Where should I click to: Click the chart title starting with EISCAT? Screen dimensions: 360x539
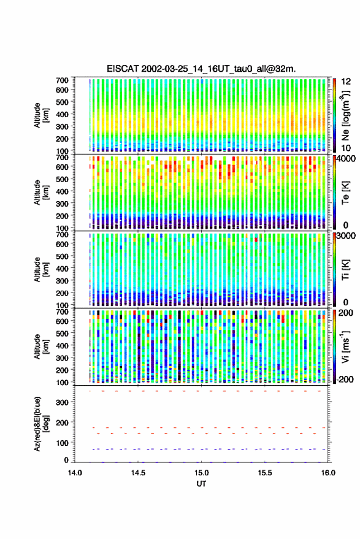click(201, 69)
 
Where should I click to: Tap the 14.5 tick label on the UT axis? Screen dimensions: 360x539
click(138, 473)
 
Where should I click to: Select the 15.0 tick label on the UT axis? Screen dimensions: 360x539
click(202, 473)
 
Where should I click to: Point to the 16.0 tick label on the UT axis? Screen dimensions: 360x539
click(328, 473)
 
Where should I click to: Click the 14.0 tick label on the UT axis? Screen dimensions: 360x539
click(75, 473)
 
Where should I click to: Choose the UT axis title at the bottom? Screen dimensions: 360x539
click(201, 484)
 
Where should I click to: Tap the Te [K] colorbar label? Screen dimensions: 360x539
click(345, 193)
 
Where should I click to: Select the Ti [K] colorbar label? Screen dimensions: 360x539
click(345, 270)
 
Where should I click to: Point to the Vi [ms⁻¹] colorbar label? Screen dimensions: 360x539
click(345, 346)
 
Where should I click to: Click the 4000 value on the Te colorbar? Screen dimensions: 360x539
click(347, 159)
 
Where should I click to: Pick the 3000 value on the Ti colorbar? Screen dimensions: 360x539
click(347, 236)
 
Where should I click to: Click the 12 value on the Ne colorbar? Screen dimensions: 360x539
click(346, 82)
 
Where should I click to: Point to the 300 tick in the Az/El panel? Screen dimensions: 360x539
click(62, 402)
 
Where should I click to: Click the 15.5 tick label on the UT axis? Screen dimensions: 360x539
click(265, 473)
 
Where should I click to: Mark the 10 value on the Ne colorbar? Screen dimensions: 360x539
click(346, 148)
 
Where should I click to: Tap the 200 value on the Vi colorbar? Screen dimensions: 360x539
click(345, 313)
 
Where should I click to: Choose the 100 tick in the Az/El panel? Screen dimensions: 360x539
click(62, 443)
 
